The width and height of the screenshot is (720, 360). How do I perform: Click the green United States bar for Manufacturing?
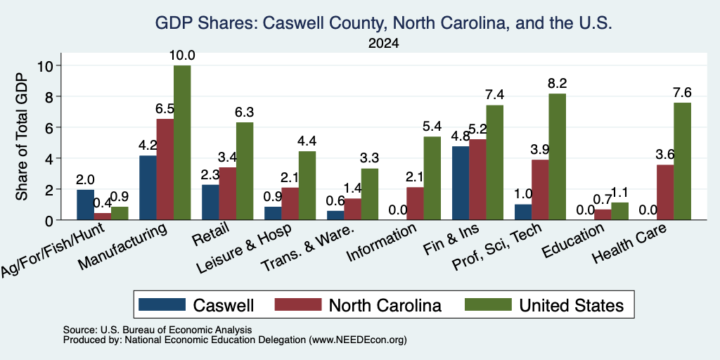pos(182,143)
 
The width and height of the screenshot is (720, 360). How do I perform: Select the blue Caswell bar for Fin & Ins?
pos(461,184)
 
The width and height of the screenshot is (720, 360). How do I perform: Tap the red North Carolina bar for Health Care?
pos(665,193)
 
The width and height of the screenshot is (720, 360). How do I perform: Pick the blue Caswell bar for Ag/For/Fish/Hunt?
pos(85,205)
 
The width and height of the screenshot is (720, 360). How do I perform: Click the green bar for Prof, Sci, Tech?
pos(557,157)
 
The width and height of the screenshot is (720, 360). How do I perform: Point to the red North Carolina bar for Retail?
pos(228,194)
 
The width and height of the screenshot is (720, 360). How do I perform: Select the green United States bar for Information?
pos(432,179)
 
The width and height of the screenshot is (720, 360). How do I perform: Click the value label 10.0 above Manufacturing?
pos(182,56)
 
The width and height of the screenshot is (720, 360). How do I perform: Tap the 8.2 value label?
pos(558,84)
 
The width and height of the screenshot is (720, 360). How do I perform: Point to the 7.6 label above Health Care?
pos(682,93)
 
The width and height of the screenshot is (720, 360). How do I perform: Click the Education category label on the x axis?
pos(573,240)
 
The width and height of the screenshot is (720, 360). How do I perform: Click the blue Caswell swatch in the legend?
pos(162,304)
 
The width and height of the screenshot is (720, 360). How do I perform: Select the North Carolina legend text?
pos(385,305)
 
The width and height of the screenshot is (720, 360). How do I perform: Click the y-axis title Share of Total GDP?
pos(22,136)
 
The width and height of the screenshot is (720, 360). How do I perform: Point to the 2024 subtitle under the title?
pos(383,44)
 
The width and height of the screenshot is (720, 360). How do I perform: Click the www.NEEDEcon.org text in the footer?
pos(358,340)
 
